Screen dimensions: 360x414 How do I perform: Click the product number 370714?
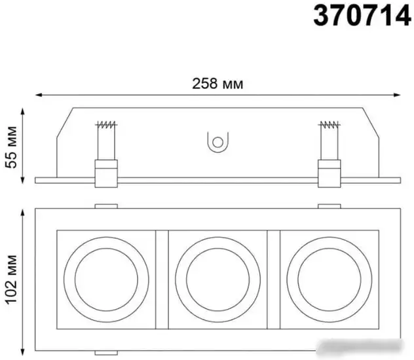(x=362, y=17)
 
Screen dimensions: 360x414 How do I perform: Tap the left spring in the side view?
(x=105, y=124)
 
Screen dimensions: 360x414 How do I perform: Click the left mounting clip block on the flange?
(x=105, y=173)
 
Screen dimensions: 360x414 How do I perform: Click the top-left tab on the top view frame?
(x=105, y=207)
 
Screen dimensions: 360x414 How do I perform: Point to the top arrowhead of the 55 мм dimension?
(x=24, y=111)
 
